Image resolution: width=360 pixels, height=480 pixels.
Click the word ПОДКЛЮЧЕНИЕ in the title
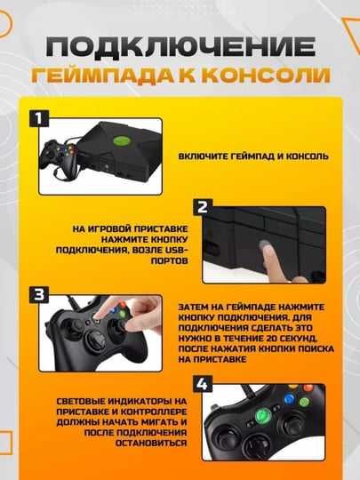(x=180, y=46)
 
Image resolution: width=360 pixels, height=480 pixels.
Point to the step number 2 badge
(x=202, y=206)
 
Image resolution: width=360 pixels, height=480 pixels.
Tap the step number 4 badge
(x=202, y=383)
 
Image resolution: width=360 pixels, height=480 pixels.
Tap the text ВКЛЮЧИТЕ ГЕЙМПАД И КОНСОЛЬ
(x=253, y=156)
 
